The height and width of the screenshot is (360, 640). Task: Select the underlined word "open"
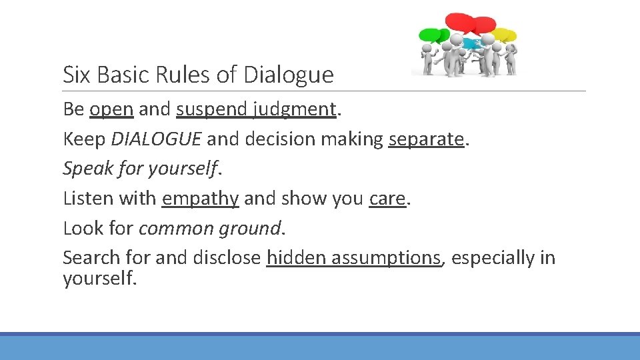111,109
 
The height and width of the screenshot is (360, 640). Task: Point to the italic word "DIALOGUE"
156,139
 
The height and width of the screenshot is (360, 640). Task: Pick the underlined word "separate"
426,139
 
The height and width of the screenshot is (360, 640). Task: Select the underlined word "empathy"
200,198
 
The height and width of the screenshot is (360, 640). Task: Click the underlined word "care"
387,198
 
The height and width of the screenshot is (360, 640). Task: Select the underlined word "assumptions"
386,257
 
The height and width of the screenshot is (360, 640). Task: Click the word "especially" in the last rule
494,257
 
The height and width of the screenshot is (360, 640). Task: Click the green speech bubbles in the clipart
432,35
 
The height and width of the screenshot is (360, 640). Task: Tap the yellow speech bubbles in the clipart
505,34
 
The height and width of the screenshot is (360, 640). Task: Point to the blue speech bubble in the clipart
471,44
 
